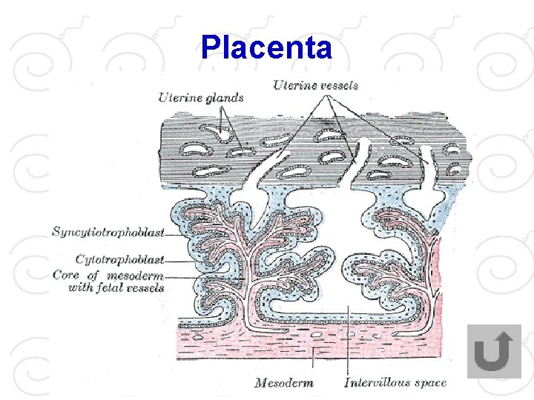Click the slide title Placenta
click(x=266, y=47)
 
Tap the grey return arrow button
click(x=494, y=352)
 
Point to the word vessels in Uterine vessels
click(x=337, y=85)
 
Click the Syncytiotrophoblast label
click(x=108, y=233)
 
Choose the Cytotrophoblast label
click(x=119, y=259)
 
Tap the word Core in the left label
click(x=65, y=275)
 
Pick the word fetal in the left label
click(x=110, y=287)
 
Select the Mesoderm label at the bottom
click(x=283, y=383)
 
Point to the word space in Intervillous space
click(x=430, y=383)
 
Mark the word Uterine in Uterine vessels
click(x=293, y=85)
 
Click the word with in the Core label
click(x=80, y=287)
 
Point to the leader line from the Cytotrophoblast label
click(x=175, y=261)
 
